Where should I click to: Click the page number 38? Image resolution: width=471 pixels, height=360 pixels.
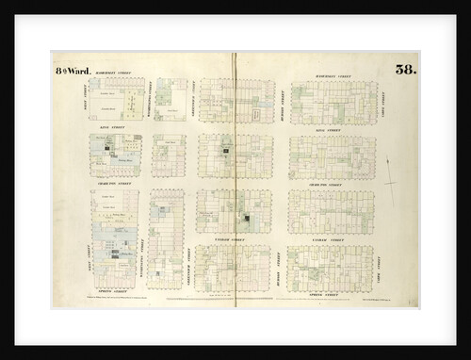(406, 69)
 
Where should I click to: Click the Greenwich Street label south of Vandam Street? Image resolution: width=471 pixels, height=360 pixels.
(190, 259)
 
